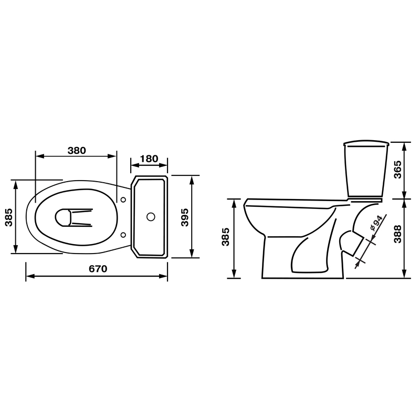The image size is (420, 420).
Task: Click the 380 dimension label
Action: pyautogui.click(x=77, y=150)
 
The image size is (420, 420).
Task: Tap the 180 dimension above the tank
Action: pyautogui.click(x=149, y=159)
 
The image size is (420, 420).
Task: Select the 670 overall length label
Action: pyautogui.click(x=98, y=268)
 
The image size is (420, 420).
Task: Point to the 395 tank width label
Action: pyautogui.click(x=185, y=217)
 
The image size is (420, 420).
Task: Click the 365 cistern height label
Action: pyautogui.click(x=398, y=170)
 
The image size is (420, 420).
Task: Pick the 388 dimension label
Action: pyautogui.click(x=398, y=234)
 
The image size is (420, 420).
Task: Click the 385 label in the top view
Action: pyautogui.click(x=9, y=217)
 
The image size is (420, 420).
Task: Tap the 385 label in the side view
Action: pyautogui.click(x=226, y=237)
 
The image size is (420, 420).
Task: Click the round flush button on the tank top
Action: pyautogui.click(x=151, y=217)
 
